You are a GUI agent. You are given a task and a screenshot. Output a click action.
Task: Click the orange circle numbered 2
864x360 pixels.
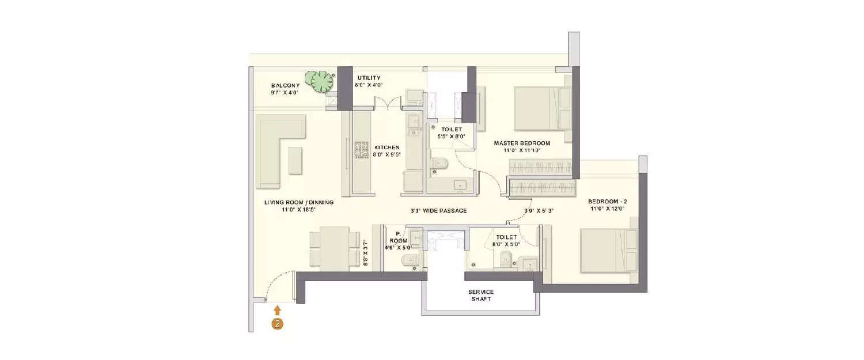[x=277, y=324]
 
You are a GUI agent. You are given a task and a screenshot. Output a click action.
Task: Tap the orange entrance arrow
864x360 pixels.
[x=277, y=311]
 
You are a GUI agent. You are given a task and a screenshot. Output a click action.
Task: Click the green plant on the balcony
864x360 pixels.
[x=319, y=81]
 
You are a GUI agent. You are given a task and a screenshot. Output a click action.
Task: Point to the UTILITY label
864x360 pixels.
[x=369, y=78]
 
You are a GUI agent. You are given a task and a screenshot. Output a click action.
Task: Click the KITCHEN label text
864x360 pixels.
[x=386, y=147]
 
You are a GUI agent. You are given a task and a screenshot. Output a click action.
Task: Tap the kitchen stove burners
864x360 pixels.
[x=361, y=150]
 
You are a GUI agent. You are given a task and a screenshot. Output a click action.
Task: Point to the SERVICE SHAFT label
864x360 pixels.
[x=480, y=295]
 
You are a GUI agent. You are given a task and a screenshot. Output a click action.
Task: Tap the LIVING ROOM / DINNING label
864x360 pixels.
[x=299, y=203]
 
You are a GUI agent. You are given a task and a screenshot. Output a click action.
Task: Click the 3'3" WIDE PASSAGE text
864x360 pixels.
[x=438, y=211]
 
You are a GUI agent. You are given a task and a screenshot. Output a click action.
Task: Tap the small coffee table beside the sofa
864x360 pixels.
[x=295, y=160]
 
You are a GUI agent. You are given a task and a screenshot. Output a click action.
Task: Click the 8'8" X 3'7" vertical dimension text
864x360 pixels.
[x=365, y=252]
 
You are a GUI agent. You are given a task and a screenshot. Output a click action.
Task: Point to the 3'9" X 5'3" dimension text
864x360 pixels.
[x=539, y=211]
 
